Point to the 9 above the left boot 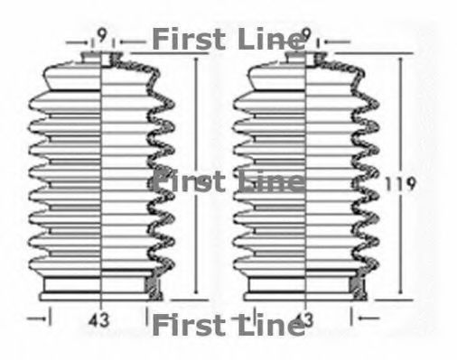[101, 37]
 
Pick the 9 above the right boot [307, 37]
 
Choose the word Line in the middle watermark [264, 181]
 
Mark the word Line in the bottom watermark [264, 325]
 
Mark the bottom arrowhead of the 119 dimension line [400, 297]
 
